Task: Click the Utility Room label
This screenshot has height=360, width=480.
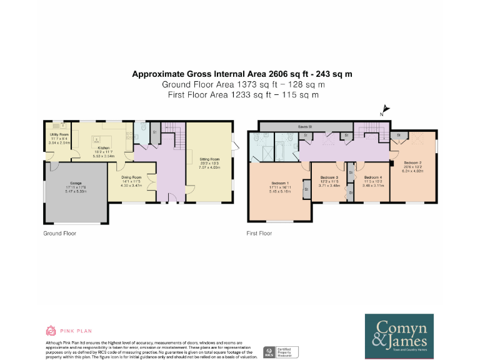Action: point(59,134)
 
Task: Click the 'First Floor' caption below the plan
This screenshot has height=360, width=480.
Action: point(259,233)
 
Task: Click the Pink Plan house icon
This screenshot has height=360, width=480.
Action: point(51,331)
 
